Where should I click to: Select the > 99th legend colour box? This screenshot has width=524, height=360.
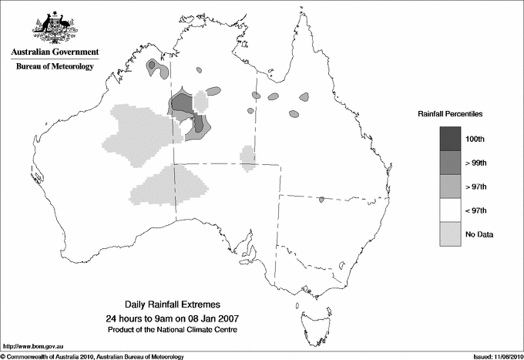(x=451, y=162)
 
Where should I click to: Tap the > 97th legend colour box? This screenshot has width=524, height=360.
(x=451, y=186)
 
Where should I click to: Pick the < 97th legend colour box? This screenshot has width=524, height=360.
(x=451, y=210)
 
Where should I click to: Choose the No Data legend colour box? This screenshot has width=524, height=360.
(x=451, y=234)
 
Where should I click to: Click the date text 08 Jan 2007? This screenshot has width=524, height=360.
(x=207, y=318)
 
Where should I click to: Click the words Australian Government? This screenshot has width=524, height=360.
(x=55, y=52)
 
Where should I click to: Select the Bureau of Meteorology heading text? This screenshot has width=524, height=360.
(x=55, y=67)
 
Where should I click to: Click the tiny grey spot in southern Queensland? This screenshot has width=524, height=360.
(x=321, y=200)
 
